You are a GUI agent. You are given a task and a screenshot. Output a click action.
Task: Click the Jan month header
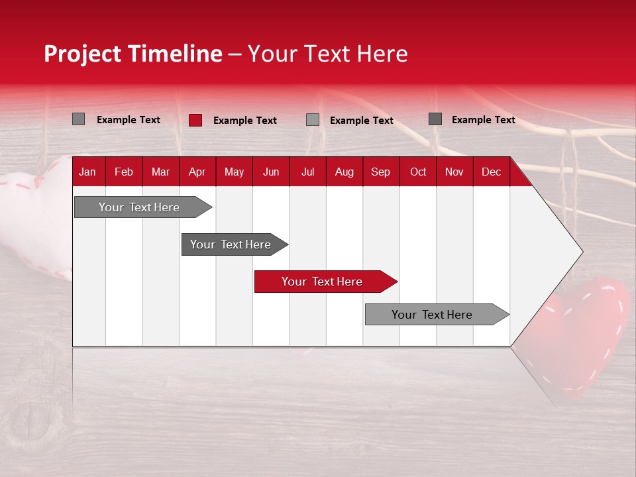pos(88,172)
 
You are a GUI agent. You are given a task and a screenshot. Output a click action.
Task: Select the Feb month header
pos(124,172)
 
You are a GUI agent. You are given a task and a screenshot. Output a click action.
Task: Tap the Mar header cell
pos(160,172)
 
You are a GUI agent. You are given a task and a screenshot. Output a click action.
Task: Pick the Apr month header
pos(197,172)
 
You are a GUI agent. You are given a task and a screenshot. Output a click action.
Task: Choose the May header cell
pos(234,172)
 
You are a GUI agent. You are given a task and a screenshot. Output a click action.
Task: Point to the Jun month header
pos(271,172)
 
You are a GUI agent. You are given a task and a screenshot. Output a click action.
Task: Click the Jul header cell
pos(307,172)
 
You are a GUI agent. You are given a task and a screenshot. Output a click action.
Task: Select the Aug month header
pos(344,172)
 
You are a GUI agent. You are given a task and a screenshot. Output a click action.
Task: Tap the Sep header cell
pos(381,172)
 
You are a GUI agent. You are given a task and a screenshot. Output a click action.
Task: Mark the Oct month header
pos(418,172)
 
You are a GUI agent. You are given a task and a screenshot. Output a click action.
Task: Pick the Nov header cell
pos(454,172)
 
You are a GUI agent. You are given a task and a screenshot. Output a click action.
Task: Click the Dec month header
pos(492,172)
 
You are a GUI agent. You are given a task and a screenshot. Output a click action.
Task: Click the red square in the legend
pos(195,120)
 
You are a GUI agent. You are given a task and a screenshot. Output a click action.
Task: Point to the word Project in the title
pos(83,54)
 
